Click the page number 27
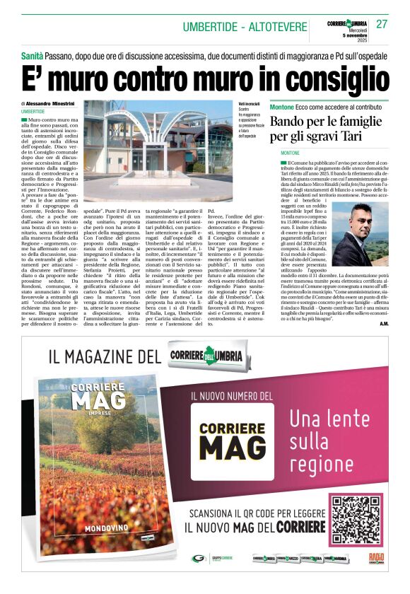coord(382,23)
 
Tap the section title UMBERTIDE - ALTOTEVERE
coord(245,27)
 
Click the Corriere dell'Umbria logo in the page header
coord(347,23)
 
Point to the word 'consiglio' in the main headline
coord(329,74)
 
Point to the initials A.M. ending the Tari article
coord(382,324)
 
